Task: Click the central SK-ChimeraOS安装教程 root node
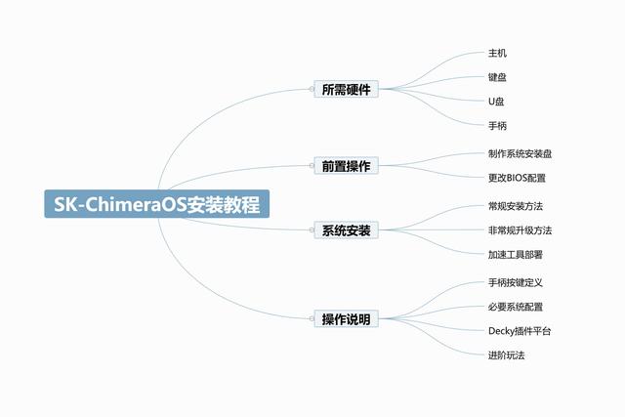coord(156,204)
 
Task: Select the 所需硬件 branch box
coord(346,89)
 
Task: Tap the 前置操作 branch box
coord(346,166)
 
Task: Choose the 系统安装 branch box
coord(346,230)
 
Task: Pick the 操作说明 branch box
coord(346,319)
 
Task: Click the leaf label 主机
coord(497,53)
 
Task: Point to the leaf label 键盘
coord(497,77)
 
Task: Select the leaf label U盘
coord(496,102)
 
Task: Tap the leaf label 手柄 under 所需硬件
coord(497,126)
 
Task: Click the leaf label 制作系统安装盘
coord(521,154)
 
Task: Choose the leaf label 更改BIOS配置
coord(517,178)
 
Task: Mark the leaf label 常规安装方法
coord(516,206)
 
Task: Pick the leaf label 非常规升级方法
coord(521,230)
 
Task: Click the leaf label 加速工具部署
coord(516,255)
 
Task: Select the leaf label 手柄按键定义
coord(516,282)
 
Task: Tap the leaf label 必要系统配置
coord(516,307)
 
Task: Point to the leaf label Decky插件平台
coord(520,331)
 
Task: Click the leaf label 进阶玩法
coord(507,355)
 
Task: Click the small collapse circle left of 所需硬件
coord(312,89)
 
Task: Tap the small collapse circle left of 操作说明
coord(312,318)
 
